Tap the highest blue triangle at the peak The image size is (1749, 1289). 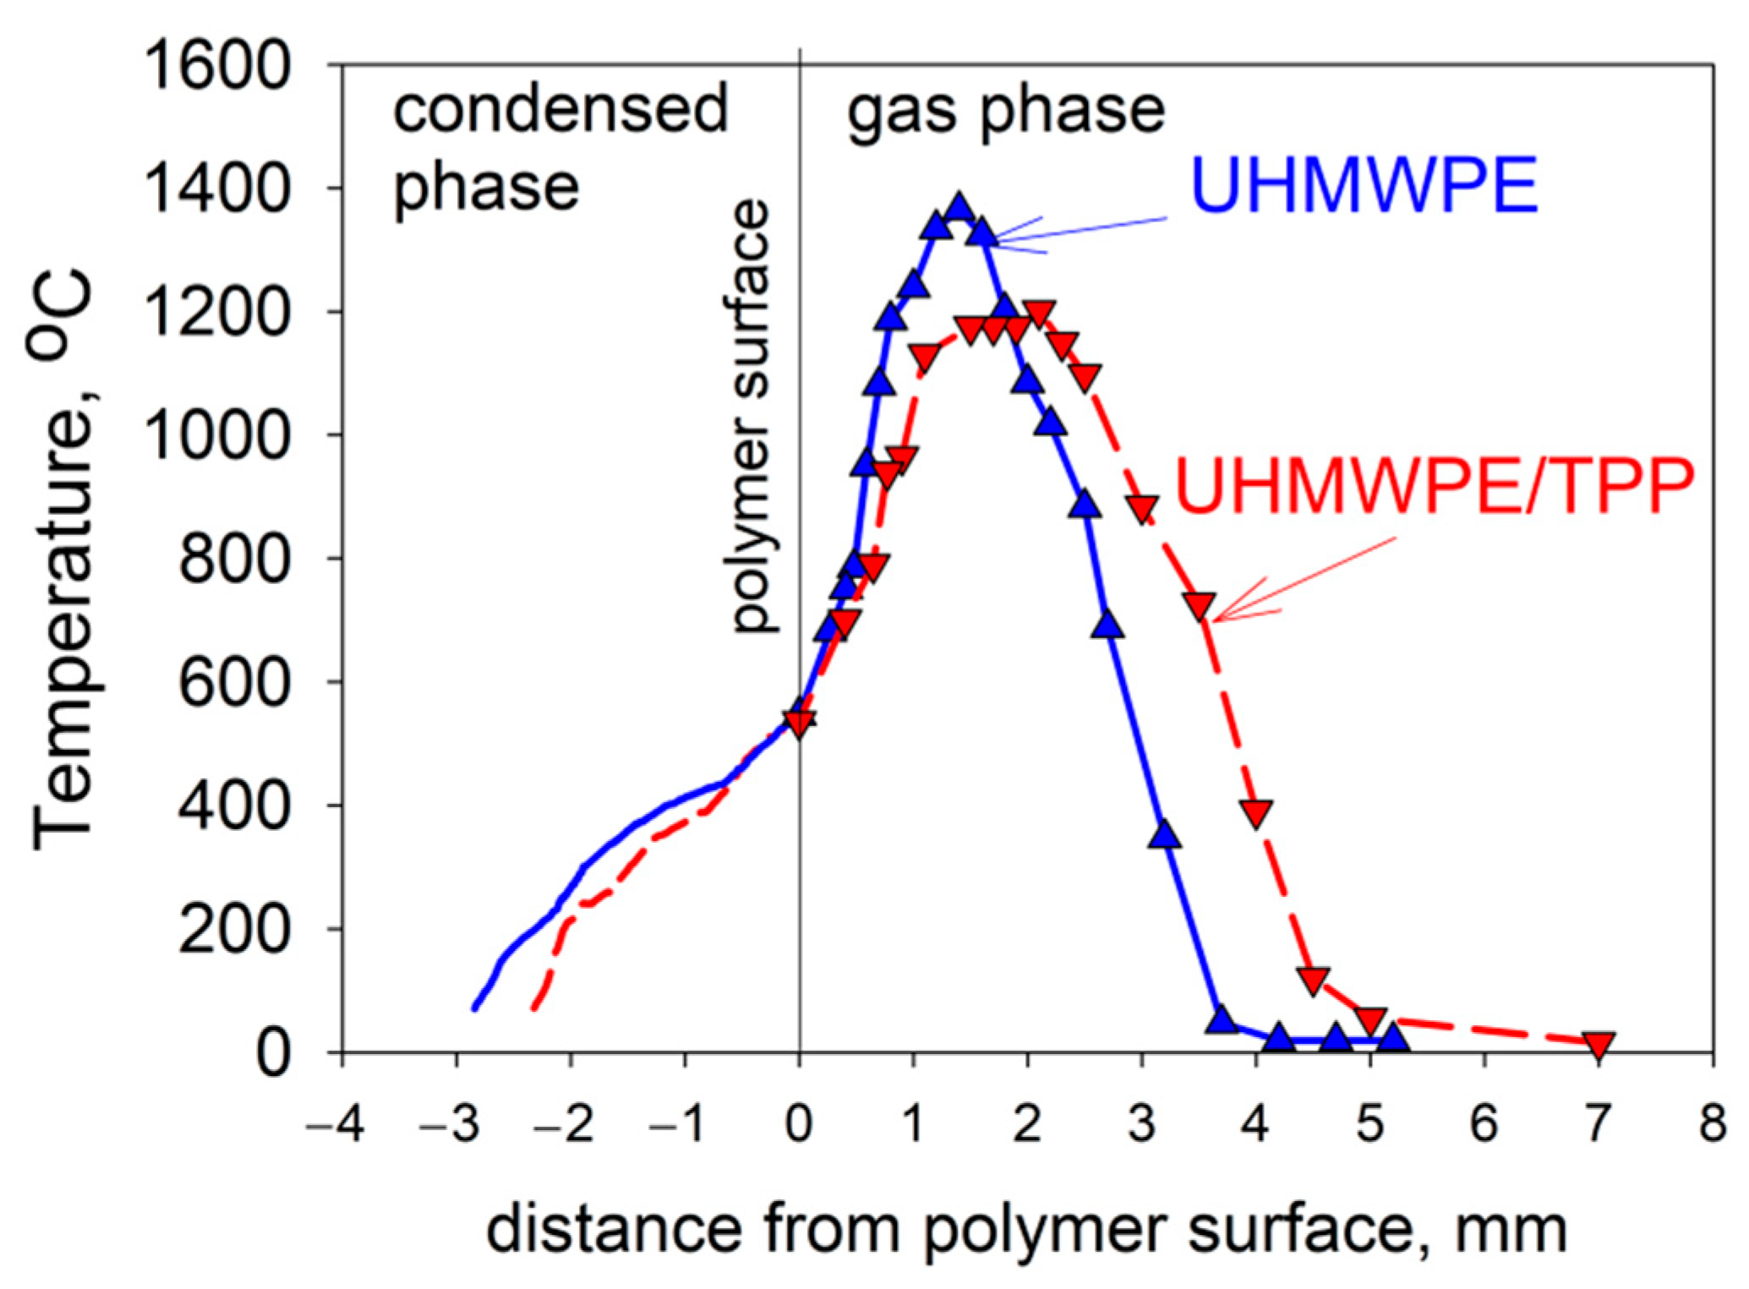click(x=959, y=208)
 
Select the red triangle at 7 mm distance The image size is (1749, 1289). click(x=1599, y=1045)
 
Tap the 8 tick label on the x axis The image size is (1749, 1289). click(x=1713, y=1125)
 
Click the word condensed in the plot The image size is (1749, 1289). click(x=560, y=109)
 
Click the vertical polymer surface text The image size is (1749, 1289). click(x=752, y=414)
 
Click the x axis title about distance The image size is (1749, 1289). click(x=1026, y=1230)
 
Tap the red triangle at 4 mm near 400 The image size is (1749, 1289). click(x=1257, y=812)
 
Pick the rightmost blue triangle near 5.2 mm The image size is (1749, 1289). click(x=1393, y=1038)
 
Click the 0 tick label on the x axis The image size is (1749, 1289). click(x=799, y=1125)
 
